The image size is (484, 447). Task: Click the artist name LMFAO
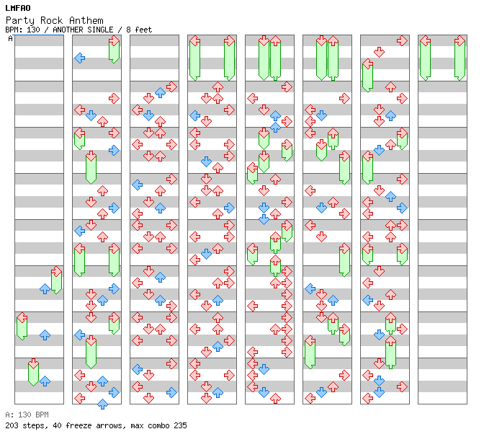point(18,8)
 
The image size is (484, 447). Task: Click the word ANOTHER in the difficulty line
point(67,30)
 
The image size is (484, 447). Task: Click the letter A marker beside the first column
point(10,39)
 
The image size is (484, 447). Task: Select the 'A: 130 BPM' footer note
point(27,415)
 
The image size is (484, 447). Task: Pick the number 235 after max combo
point(179,425)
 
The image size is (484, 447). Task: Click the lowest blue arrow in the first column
point(45,381)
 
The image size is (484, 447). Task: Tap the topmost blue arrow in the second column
point(79,58)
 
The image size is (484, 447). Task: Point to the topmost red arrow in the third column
point(171,87)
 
